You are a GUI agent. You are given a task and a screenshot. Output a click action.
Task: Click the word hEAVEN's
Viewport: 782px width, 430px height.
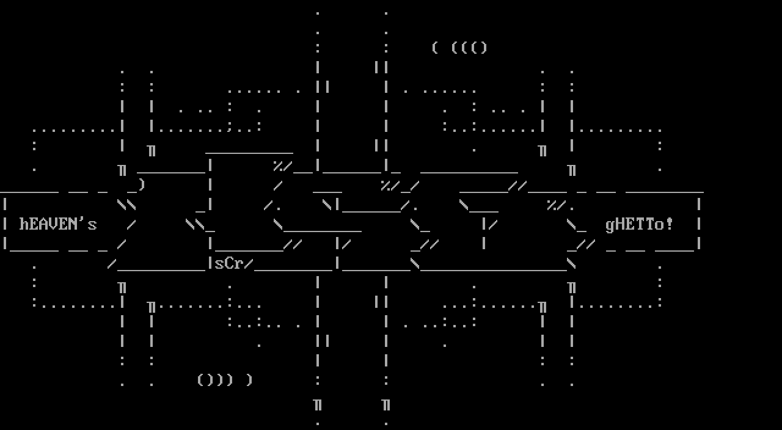pyautogui.click(x=58, y=224)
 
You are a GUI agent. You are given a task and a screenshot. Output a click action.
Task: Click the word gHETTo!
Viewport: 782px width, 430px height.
pyautogui.click(x=639, y=224)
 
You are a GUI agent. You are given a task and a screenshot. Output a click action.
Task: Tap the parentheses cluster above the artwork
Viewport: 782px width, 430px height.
pyautogui.click(x=459, y=48)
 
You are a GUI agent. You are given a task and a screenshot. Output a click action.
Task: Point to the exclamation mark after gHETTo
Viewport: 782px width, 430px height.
pyautogui.click(x=669, y=224)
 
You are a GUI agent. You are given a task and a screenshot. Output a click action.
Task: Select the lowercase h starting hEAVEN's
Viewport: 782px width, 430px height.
pyautogui.click(x=24, y=224)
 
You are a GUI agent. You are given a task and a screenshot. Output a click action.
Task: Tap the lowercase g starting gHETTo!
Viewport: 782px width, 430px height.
pyautogui.click(x=610, y=225)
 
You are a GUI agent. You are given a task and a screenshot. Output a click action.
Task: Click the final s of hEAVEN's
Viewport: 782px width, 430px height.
pyautogui.click(x=92, y=225)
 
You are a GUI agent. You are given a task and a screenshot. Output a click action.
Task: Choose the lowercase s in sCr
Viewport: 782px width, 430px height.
pyautogui.click(x=219, y=264)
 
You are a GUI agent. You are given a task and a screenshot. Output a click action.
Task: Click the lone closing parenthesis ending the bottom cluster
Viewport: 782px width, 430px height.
pyautogui.click(x=249, y=380)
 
